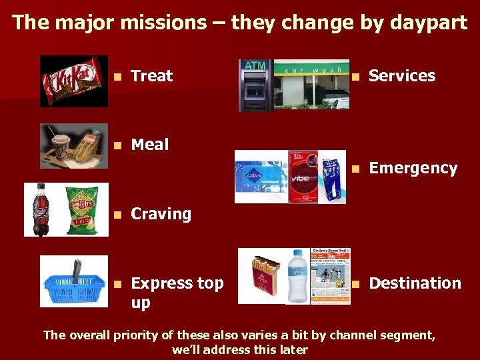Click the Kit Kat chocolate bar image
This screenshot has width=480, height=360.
pyautogui.click(x=73, y=81)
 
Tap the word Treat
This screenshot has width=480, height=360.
pyautogui.click(x=152, y=76)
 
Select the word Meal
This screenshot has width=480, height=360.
pyautogui.click(x=150, y=144)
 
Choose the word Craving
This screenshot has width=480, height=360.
pyautogui.click(x=161, y=214)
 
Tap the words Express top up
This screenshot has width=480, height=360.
pyautogui.click(x=177, y=292)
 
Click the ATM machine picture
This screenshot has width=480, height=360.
pyautogui.click(x=256, y=85)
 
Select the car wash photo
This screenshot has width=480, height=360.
pyautogui.click(x=311, y=85)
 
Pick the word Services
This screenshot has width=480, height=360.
pyautogui.click(x=402, y=76)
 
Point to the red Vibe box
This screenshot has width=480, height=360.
pyautogui.click(x=304, y=177)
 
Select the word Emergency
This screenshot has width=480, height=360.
pyautogui.click(x=413, y=168)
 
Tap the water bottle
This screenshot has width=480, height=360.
pyautogui.click(x=297, y=276)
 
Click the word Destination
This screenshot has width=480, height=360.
pyautogui.click(x=415, y=283)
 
